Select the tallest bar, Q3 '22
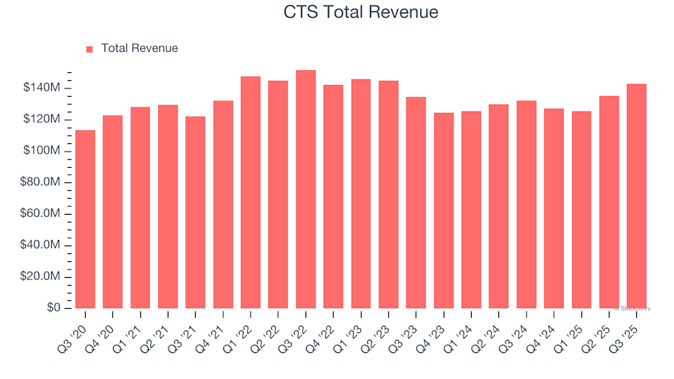305,189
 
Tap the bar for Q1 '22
251,192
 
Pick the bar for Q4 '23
444,211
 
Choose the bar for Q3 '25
637,197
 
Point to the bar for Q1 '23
361,194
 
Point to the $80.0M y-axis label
42,182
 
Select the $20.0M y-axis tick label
42,277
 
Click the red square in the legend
89,49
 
